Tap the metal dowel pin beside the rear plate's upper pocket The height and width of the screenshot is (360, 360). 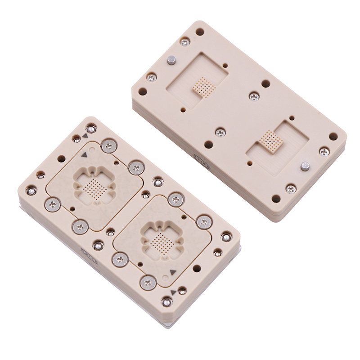(171, 60)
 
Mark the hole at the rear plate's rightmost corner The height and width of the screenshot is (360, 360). (333, 136)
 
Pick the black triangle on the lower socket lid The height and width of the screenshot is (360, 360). (172, 272)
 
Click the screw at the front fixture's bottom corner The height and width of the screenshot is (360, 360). (166, 302)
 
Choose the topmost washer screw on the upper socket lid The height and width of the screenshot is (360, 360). (109, 145)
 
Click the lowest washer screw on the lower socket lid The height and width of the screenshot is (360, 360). (148, 283)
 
